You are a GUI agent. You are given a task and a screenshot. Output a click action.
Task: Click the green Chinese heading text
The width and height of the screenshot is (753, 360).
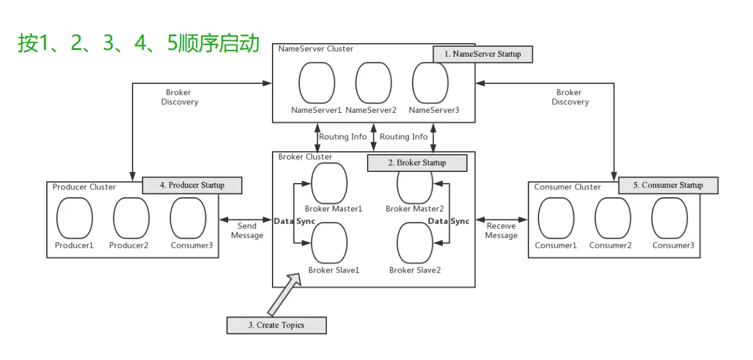[x=139, y=44]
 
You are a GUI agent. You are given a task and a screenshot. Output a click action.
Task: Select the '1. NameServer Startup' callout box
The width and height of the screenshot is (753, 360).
[x=482, y=54]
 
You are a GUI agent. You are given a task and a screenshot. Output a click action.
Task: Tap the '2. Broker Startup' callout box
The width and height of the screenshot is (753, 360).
[x=417, y=163]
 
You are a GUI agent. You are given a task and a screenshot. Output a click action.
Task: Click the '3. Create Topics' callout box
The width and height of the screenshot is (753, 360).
[x=276, y=325]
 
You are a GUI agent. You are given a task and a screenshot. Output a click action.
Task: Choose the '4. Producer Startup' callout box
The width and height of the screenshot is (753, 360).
[x=192, y=185]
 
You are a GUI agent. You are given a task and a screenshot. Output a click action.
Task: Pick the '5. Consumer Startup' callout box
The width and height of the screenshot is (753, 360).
[x=669, y=185]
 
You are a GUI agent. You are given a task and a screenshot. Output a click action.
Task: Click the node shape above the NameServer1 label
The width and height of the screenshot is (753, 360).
[x=317, y=83]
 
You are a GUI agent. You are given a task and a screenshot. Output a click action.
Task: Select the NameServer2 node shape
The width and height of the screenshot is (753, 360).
[x=374, y=83]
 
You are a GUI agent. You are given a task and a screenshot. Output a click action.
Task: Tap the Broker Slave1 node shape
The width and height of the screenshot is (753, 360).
[x=329, y=243]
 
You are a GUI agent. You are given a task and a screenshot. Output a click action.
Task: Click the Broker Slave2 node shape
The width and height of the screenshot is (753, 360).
[x=415, y=243]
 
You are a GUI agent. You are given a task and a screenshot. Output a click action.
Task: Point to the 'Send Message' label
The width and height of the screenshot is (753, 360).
[x=247, y=231]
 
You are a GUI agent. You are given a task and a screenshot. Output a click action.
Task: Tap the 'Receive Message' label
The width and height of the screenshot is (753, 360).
[x=501, y=231]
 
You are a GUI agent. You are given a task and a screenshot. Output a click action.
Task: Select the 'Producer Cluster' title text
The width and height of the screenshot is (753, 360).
[x=84, y=187]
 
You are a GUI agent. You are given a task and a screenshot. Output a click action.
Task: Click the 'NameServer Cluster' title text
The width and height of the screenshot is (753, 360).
[x=316, y=49]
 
